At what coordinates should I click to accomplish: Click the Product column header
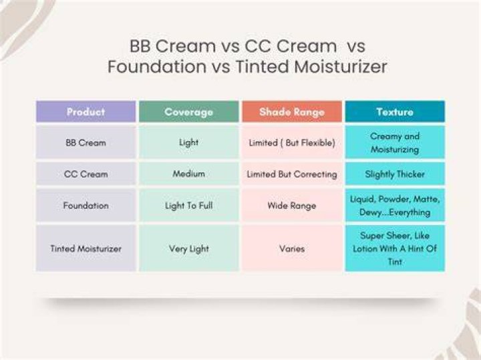point(86,112)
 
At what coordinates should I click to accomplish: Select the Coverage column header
point(188,112)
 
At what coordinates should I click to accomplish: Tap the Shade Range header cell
point(292,112)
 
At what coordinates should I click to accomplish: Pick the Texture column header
point(395,112)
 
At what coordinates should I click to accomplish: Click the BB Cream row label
point(86,142)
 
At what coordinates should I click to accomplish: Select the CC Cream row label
point(86,174)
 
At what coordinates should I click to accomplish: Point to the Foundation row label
point(86,205)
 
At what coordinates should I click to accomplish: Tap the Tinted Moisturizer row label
point(86,248)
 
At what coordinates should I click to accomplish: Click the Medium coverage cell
point(188,174)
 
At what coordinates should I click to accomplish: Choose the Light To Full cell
point(188,205)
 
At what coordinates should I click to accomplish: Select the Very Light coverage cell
point(188,248)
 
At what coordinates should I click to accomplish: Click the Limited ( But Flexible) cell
point(292,142)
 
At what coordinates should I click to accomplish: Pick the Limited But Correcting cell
point(292,174)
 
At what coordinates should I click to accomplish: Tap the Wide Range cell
point(292,205)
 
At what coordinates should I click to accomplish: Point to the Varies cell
point(292,248)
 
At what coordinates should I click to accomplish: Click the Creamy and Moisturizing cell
point(395,142)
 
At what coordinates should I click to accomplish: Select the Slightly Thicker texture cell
point(395,174)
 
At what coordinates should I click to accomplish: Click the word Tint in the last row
point(395,262)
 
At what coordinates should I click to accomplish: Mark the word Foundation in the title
point(157,67)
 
